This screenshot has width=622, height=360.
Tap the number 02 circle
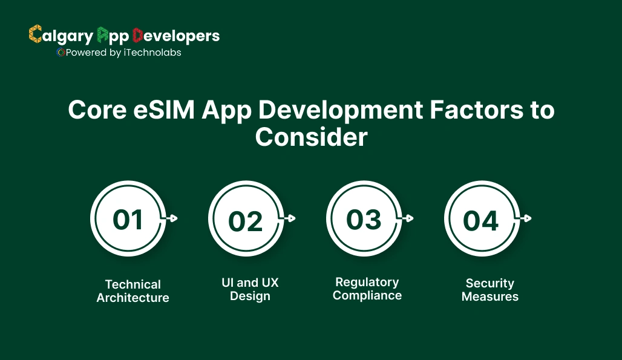[246, 221]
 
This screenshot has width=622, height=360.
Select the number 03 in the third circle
[364, 220]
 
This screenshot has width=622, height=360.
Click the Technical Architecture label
[133, 291]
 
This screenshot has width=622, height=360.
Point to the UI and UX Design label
[250, 289]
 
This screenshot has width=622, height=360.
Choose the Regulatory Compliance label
[367, 289]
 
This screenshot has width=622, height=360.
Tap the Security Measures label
[490, 290]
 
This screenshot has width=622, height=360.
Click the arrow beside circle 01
[172, 218]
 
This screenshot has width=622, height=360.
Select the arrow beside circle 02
[290, 218]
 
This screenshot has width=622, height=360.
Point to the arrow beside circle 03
[408, 218]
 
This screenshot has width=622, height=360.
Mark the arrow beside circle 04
[526, 218]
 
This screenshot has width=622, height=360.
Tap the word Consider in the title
[311, 137]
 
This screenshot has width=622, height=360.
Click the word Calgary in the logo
[61, 36]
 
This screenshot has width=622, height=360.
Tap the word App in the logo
[113, 36]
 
